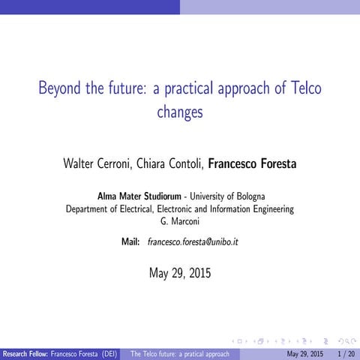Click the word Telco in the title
tap(302, 88)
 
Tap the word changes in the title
tap(180, 112)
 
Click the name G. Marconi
tap(180, 221)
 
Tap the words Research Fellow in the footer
tap(27, 353)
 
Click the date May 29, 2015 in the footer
tap(305, 353)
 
